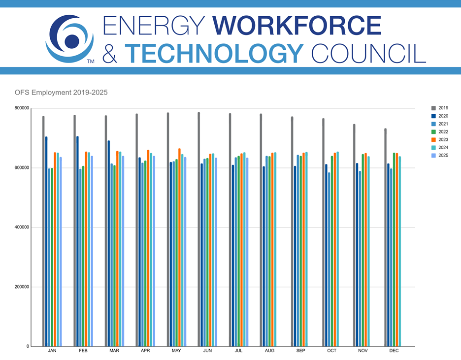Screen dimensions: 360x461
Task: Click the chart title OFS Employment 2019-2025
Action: click(62, 92)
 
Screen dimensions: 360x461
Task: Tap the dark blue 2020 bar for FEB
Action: click(77, 241)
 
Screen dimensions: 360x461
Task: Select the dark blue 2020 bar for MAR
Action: click(108, 244)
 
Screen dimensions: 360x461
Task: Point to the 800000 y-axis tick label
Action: click(22, 108)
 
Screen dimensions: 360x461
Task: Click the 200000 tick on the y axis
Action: click(22, 287)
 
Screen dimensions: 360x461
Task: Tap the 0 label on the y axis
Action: click(28, 347)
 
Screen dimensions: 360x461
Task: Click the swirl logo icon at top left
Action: click(69, 39)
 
